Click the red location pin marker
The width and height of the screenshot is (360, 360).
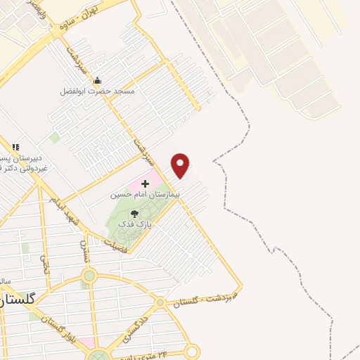181,165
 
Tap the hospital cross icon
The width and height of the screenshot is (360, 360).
146,183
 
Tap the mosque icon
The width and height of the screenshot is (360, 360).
97,81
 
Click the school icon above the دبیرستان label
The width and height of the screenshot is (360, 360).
15,147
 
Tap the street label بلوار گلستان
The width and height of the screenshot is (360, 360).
62,332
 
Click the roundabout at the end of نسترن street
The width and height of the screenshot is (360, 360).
89,276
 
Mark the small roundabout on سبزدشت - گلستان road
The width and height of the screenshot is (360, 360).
161,302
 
